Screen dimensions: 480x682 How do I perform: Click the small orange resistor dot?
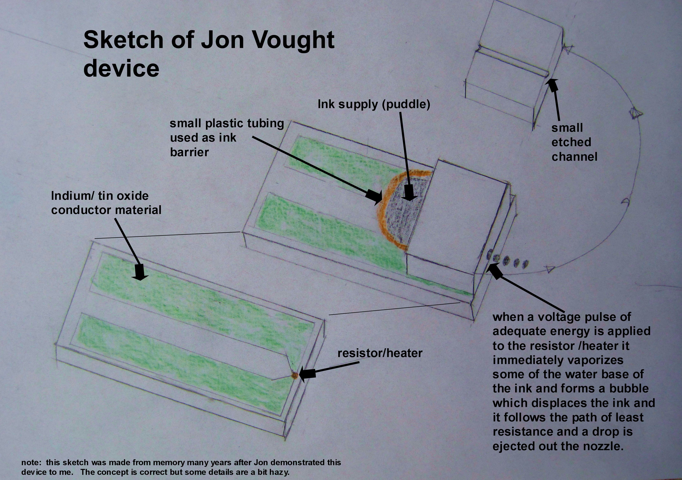click(295, 376)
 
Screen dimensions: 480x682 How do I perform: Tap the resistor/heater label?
click(380, 353)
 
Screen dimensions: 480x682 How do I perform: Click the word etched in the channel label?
click(571, 142)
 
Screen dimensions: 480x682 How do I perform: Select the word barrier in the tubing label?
click(189, 152)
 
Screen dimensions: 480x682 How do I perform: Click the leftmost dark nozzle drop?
click(489, 254)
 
